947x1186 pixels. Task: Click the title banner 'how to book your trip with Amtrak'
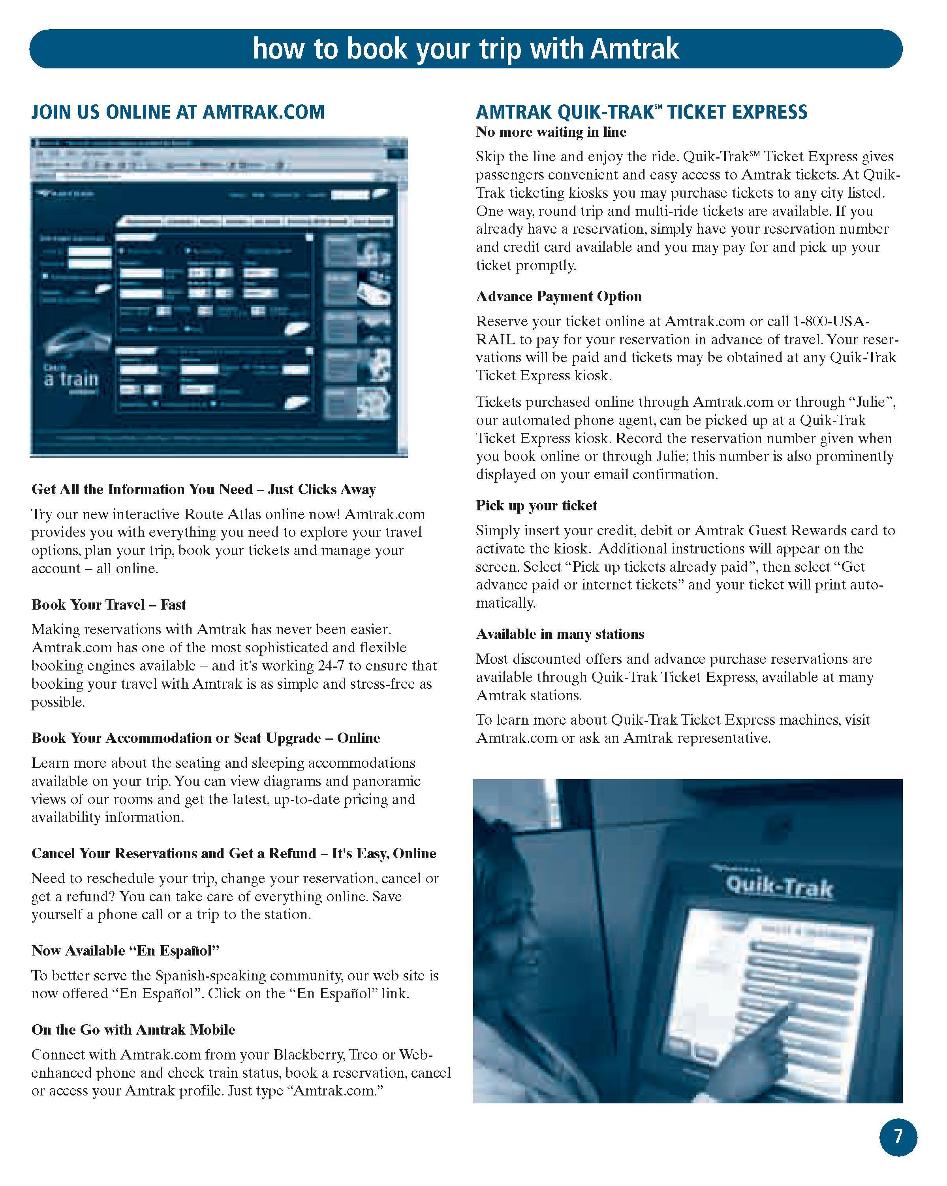(x=466, y=49)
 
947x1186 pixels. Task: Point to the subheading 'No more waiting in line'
(x=551, y=132)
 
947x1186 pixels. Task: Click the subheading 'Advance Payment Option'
(x=558, y=296)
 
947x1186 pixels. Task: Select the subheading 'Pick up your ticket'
(x=536, y=506)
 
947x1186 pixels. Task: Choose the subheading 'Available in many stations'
(x=560, y=634)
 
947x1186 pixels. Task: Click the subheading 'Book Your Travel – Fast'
(x=108, y=604)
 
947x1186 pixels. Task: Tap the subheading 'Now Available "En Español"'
(x=125, y=950)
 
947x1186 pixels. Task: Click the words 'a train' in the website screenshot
(x=71, y=379)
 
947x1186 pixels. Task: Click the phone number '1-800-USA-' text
(x=831, y=321)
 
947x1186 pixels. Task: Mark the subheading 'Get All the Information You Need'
(x=142, y=489)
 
